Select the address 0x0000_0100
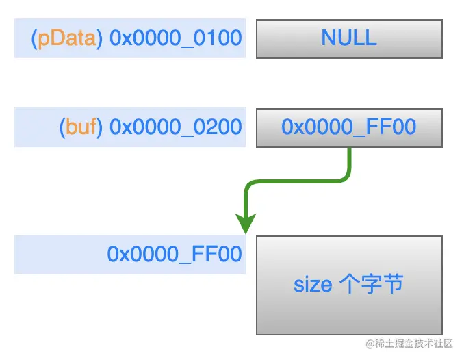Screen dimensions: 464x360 coord(176,38)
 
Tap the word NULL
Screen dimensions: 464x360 coord(349,38)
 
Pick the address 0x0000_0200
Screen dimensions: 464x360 coord(176,127)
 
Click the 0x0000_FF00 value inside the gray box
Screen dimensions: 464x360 coord(349,127)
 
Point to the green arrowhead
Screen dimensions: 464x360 coord(245,223)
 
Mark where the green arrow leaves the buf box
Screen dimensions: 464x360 coord(350,149)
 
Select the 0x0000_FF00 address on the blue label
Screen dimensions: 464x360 coord(175,254)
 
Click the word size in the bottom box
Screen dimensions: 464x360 coord(313,284)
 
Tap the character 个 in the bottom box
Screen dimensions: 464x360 coord(348,284)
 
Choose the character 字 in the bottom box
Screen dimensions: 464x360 coord(371,284)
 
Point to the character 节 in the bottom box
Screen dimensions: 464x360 coord(392,284)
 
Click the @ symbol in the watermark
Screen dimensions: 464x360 coord(370,342)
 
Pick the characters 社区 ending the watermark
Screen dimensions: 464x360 coord(445,342)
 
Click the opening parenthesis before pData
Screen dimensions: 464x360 coord(34,38)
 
